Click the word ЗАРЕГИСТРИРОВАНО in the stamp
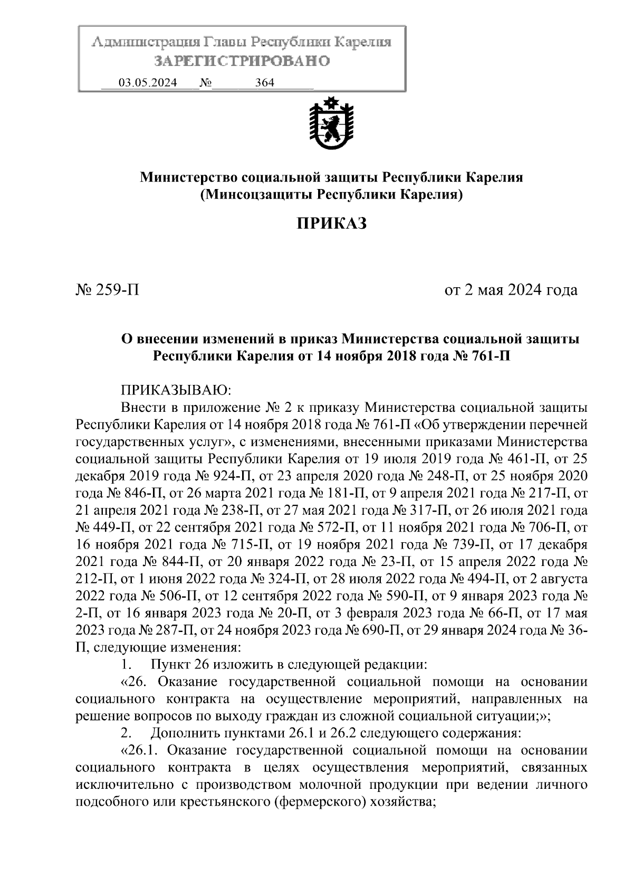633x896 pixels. point(242,61)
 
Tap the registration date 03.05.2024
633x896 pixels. point(148,83)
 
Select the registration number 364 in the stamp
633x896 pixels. point(264,83)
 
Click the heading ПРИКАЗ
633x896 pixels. point(331,223)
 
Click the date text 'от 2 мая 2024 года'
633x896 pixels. point(511,290)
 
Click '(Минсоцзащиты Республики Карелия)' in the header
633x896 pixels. point(331,195)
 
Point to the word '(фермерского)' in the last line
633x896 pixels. point(322,802)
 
